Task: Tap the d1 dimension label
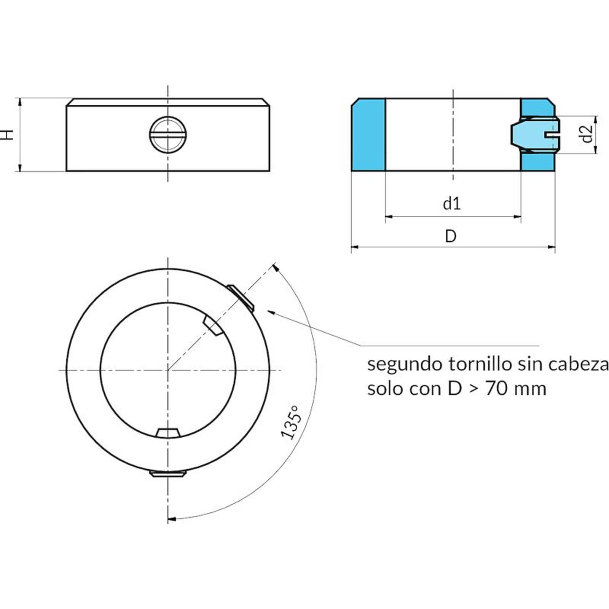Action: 452,204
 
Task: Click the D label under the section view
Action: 451,236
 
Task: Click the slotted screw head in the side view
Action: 168,134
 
